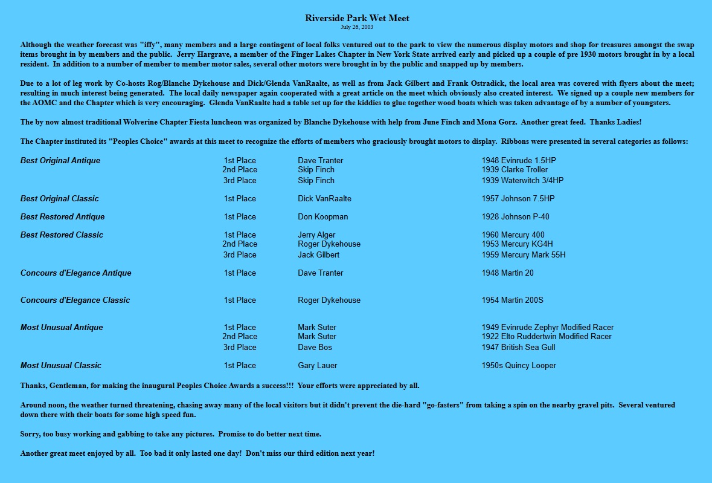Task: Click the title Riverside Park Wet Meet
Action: tap(357, 18)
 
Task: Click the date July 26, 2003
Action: tap(357, 27)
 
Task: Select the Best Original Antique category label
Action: tap(60, 161)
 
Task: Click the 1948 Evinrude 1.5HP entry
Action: tap(518, 161)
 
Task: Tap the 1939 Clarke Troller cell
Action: tap(515, 170)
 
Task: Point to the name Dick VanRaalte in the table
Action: tap(324, 199)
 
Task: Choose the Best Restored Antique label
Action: tap(62, 217)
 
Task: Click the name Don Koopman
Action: tap(322, 217)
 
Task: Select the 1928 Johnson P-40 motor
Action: tap(515, 217)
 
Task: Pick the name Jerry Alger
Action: tap(316, 235)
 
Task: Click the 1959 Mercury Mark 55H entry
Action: tap(523, 255)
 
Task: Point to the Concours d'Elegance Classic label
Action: tap(75, 300)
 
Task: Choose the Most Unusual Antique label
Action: tap(62, 328)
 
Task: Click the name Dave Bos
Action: tap(315, 348)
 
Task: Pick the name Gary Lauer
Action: tap(317, 366)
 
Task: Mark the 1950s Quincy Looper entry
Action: tap(518, 366)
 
